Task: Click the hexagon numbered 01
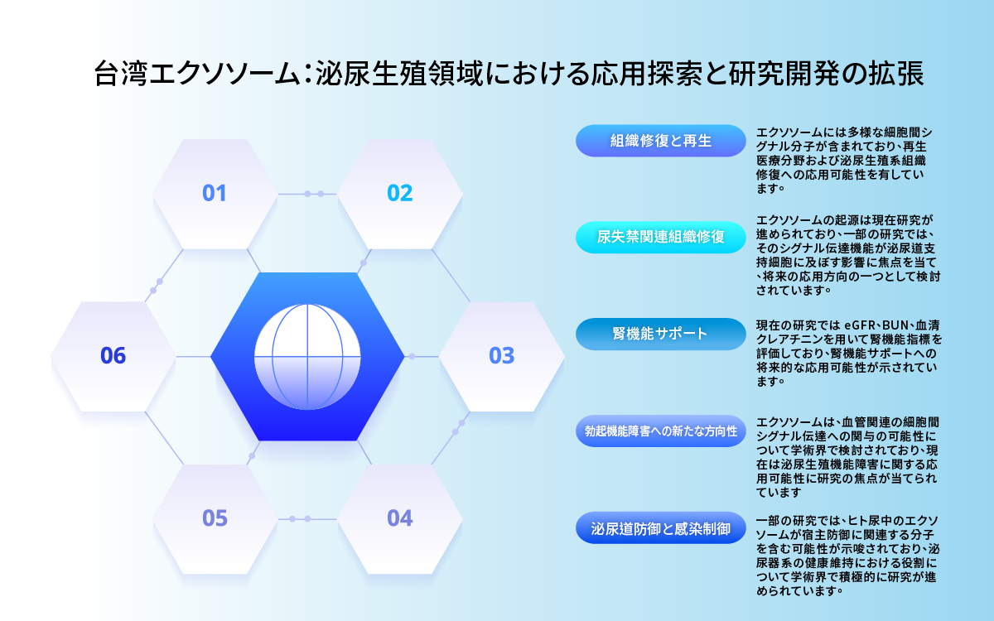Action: (x=215, y=194)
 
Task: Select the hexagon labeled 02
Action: (x=400, y=194)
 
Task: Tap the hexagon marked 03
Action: (x=502, y=356)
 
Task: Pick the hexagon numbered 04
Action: (x=400, y=519)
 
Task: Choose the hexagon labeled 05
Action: (x=215, y=519)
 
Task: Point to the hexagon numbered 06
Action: (x=113, y=356)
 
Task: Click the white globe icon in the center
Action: (x=307, y=357)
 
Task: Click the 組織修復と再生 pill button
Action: (x=661, y=141)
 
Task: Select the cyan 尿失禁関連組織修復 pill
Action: (x=661, y=238)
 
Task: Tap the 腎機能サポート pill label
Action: (x=661, y=334)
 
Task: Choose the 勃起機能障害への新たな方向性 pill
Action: (x=661, y=431)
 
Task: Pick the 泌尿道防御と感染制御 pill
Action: (x=661, y=528)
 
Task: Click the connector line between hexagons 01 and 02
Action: (x=307, y=194)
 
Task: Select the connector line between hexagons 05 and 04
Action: (x=307, y=519)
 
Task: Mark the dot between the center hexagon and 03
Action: (x=412, y=356)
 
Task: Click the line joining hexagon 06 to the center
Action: (x=194, y=356)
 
